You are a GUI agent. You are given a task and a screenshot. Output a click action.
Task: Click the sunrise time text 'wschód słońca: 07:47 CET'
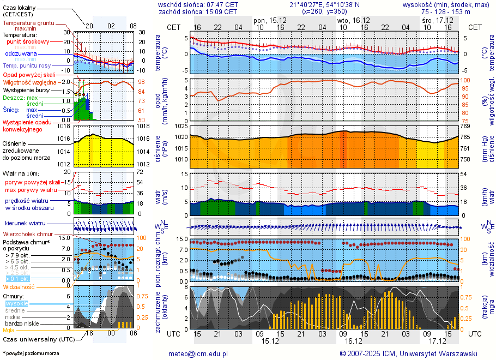click(x=198, y=4)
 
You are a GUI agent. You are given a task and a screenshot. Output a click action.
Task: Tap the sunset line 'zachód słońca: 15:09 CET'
click(x=198, y=11)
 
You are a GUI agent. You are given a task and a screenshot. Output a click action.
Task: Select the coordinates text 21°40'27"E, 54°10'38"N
click(x=324, y=4)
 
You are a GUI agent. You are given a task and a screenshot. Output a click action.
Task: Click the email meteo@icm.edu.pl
click(x=198, y=353)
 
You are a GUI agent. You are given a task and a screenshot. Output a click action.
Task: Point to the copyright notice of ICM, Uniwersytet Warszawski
click(x=408, y=353)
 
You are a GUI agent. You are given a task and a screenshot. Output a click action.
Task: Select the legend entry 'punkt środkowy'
click(x=28, y=41)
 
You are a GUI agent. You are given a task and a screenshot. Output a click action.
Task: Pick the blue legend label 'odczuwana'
click(x=21, y=54)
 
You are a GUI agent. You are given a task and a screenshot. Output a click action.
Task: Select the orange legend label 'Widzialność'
click(x=19, y=286)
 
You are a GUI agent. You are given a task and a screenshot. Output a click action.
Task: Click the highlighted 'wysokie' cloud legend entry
click(x=16, y=303)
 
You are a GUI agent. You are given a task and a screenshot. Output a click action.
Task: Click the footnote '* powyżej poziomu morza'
click(x=31, y=353)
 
